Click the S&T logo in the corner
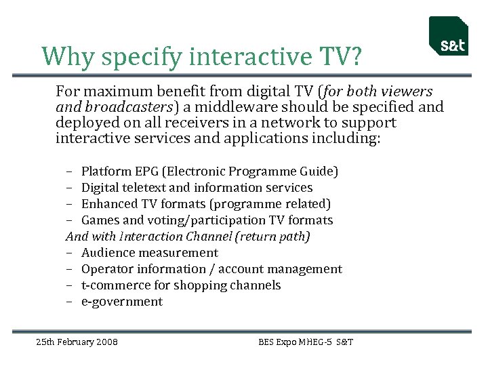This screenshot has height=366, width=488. (x=448, y=37)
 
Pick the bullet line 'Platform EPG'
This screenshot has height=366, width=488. (x=209, y=171)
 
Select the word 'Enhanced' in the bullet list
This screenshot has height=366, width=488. (x=110, y=204)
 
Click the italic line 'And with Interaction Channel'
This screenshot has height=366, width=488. (x=188, y=237)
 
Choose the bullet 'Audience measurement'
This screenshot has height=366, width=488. (x=149, y=253)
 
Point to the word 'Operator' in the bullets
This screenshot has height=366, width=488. (x=108, y=269)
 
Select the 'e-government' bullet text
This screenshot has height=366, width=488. (x=121, y=302)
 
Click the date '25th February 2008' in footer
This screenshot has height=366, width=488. (x=77, y=342)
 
